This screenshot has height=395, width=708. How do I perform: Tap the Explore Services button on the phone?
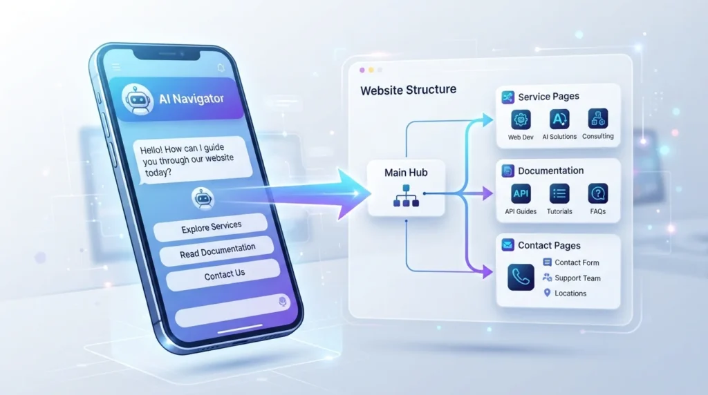[x=211, y=227]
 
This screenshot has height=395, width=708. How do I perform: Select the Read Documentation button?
[x=217, y=251]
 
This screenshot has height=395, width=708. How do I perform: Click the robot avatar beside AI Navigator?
[x=137, y=99]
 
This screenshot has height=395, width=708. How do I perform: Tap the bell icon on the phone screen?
[x=221, y=68]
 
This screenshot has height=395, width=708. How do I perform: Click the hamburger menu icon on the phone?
[x=116, y=67]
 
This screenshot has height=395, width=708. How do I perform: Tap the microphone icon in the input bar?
[x=283, y=301]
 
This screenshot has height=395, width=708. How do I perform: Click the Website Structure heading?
[x=408, y=90]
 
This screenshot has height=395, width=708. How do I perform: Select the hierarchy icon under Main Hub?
[x=406, y=195]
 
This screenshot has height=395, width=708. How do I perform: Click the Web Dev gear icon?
[x=521, y=119]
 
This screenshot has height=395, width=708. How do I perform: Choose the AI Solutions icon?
[x=559, y=119]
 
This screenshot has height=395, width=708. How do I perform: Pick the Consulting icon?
[x=598, y=119]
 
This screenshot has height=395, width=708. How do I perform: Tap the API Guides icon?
[x=521, y=194]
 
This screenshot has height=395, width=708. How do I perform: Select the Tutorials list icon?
[x=559, y=194]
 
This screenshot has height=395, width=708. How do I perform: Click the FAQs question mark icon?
[x=598, y=194]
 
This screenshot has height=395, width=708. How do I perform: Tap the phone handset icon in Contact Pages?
[x=521, y=278]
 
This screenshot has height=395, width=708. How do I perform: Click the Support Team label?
[x=577, y=278]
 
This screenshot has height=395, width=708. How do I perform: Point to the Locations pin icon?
[x=547, y=293]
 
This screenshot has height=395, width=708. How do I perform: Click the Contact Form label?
[x=577, y=262]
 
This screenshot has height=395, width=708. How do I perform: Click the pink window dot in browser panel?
[x=362, y=70]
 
